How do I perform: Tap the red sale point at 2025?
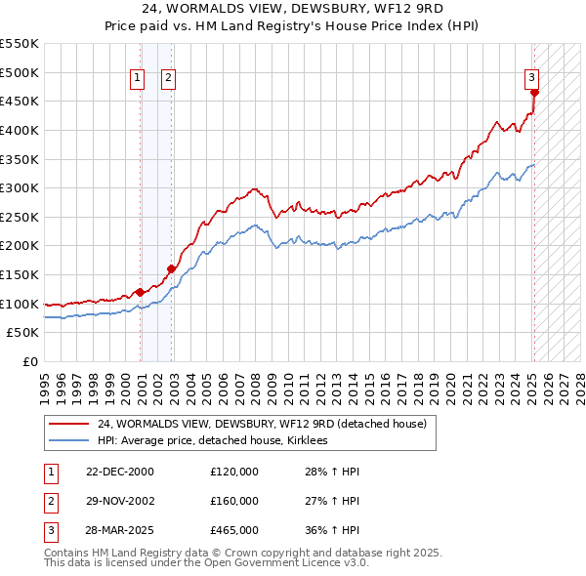[x=534, y=93]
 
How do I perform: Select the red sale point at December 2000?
[x=140, y=292]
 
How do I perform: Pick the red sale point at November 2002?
[x=171, y=268]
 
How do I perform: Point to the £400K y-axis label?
[x=20, y=130]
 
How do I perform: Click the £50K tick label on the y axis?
[x=23, y=333]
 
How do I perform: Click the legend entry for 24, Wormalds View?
[x=262, y=425]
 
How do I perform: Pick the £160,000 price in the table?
[x=234, y=501]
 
